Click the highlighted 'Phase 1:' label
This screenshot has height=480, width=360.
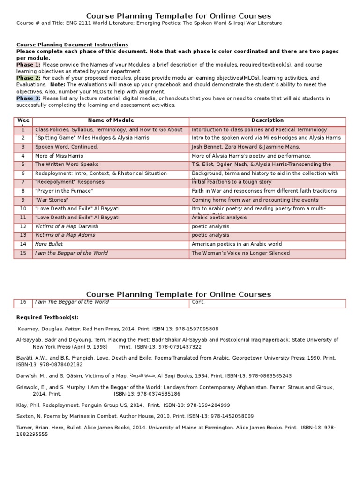[x=28, y=65]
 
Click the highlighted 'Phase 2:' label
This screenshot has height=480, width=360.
[x=28, y=78]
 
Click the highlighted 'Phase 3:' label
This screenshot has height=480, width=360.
[x=28, y=98]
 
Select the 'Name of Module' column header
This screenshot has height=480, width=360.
[x=111, y=120]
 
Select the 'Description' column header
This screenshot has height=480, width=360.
[x=267, y=120]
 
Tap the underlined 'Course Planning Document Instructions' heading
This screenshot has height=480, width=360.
[x=72, y=45]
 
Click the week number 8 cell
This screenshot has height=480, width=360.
[x=23, y=191]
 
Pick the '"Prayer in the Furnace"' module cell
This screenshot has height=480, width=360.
[x=64, y=191]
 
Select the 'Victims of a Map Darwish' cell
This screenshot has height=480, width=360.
[x=67, y=226]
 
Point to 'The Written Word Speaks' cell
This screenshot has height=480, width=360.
[x=67, y=165]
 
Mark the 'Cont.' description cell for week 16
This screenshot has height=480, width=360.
[x=198, y=302]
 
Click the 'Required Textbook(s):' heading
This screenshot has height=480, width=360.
[x=47, y=317]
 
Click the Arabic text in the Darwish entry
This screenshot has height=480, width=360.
[x=142, y=376]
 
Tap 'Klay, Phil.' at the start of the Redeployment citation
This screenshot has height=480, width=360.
[x=29, y=405]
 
